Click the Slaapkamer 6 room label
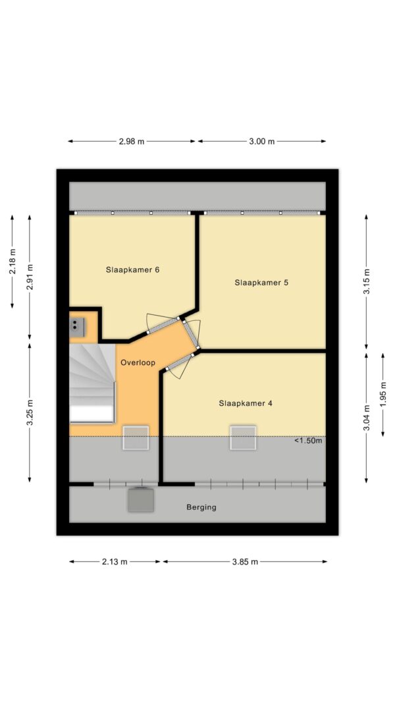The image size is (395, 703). click(x=133, y=269)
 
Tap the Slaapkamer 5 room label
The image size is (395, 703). click(x=261, y=282)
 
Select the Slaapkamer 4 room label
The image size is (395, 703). click(x=246, y=403)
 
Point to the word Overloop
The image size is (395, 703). click(x=137, y=362)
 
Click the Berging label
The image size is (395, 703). click(x=201, y=507)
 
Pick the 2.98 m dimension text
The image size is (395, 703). click(x=132, y=141)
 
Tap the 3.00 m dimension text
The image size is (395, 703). click(x=262, y=141)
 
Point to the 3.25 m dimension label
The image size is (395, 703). click(x=30, y=412)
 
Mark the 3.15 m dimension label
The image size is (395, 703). click(x=367, y=282)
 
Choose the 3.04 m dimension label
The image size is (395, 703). click(x=367, y=416)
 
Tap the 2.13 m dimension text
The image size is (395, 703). click(x=115, y=561)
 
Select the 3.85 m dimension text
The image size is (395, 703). click(x=245, y=561)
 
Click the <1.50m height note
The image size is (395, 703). click(x=308, y=441)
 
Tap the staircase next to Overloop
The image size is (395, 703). click(x=92, y=382)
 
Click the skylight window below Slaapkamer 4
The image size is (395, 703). click(x=242, y=438)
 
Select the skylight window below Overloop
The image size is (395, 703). click(x=136, y=438)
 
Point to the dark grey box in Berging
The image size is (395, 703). click(x=141, y=499)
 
